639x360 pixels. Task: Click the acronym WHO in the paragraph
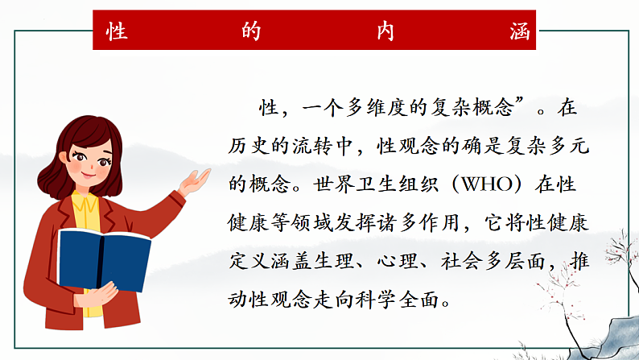(x=484, y=184)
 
